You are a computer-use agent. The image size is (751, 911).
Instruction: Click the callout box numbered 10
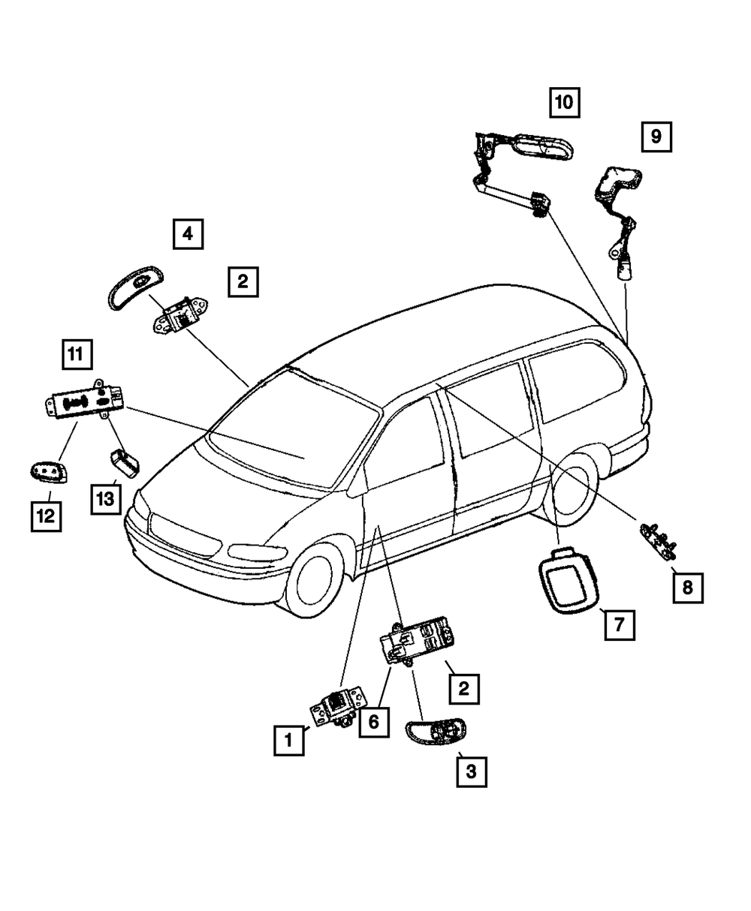point(564,102)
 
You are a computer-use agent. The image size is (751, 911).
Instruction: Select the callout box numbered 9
point(656,137)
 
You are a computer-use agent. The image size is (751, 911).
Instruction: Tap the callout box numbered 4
point(188,234)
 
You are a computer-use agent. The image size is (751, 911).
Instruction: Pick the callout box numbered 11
point(77,355)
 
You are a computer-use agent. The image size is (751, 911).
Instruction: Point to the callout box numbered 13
point(106,498)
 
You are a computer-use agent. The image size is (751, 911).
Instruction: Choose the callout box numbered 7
point(619,624)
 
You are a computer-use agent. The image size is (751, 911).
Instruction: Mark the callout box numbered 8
point(687,588)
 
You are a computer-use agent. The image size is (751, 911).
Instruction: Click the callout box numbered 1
point(288,741)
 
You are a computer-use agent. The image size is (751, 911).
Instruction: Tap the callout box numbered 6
point(374,723)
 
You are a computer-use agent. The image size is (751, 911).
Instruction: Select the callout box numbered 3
point(471,771)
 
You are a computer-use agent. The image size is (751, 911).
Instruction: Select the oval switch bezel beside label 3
point(436,732)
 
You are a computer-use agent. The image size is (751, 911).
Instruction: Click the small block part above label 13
point(125,462)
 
